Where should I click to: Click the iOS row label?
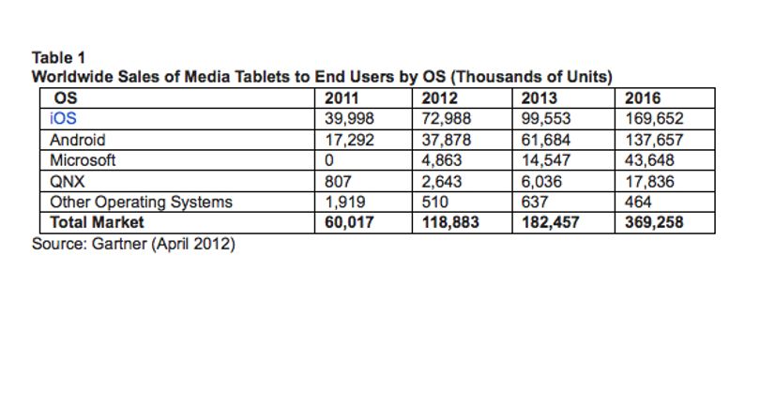pos(63,119)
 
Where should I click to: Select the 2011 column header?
pos(342,98)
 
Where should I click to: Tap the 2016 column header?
pos(642,98)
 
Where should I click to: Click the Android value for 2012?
pos(446,140)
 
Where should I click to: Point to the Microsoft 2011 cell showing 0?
pos(329,160)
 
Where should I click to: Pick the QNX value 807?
pos(338,182)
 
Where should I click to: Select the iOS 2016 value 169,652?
pos(654,119)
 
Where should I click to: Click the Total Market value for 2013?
pos(550,222)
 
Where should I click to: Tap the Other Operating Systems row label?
pos(141,202)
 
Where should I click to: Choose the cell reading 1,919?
pos(345,202)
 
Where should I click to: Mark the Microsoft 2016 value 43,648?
pos(649,160)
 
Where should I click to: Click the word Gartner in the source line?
pos(119,243)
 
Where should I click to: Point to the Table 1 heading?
pos(59,57)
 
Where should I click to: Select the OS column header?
pos(66,98)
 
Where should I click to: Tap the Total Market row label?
pos(97,222)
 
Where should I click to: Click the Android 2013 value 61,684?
pos(546,140)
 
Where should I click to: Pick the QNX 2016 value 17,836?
pos(649,182)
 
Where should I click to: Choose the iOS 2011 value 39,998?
pos(349,119)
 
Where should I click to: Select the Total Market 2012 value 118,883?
pos(450,222)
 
